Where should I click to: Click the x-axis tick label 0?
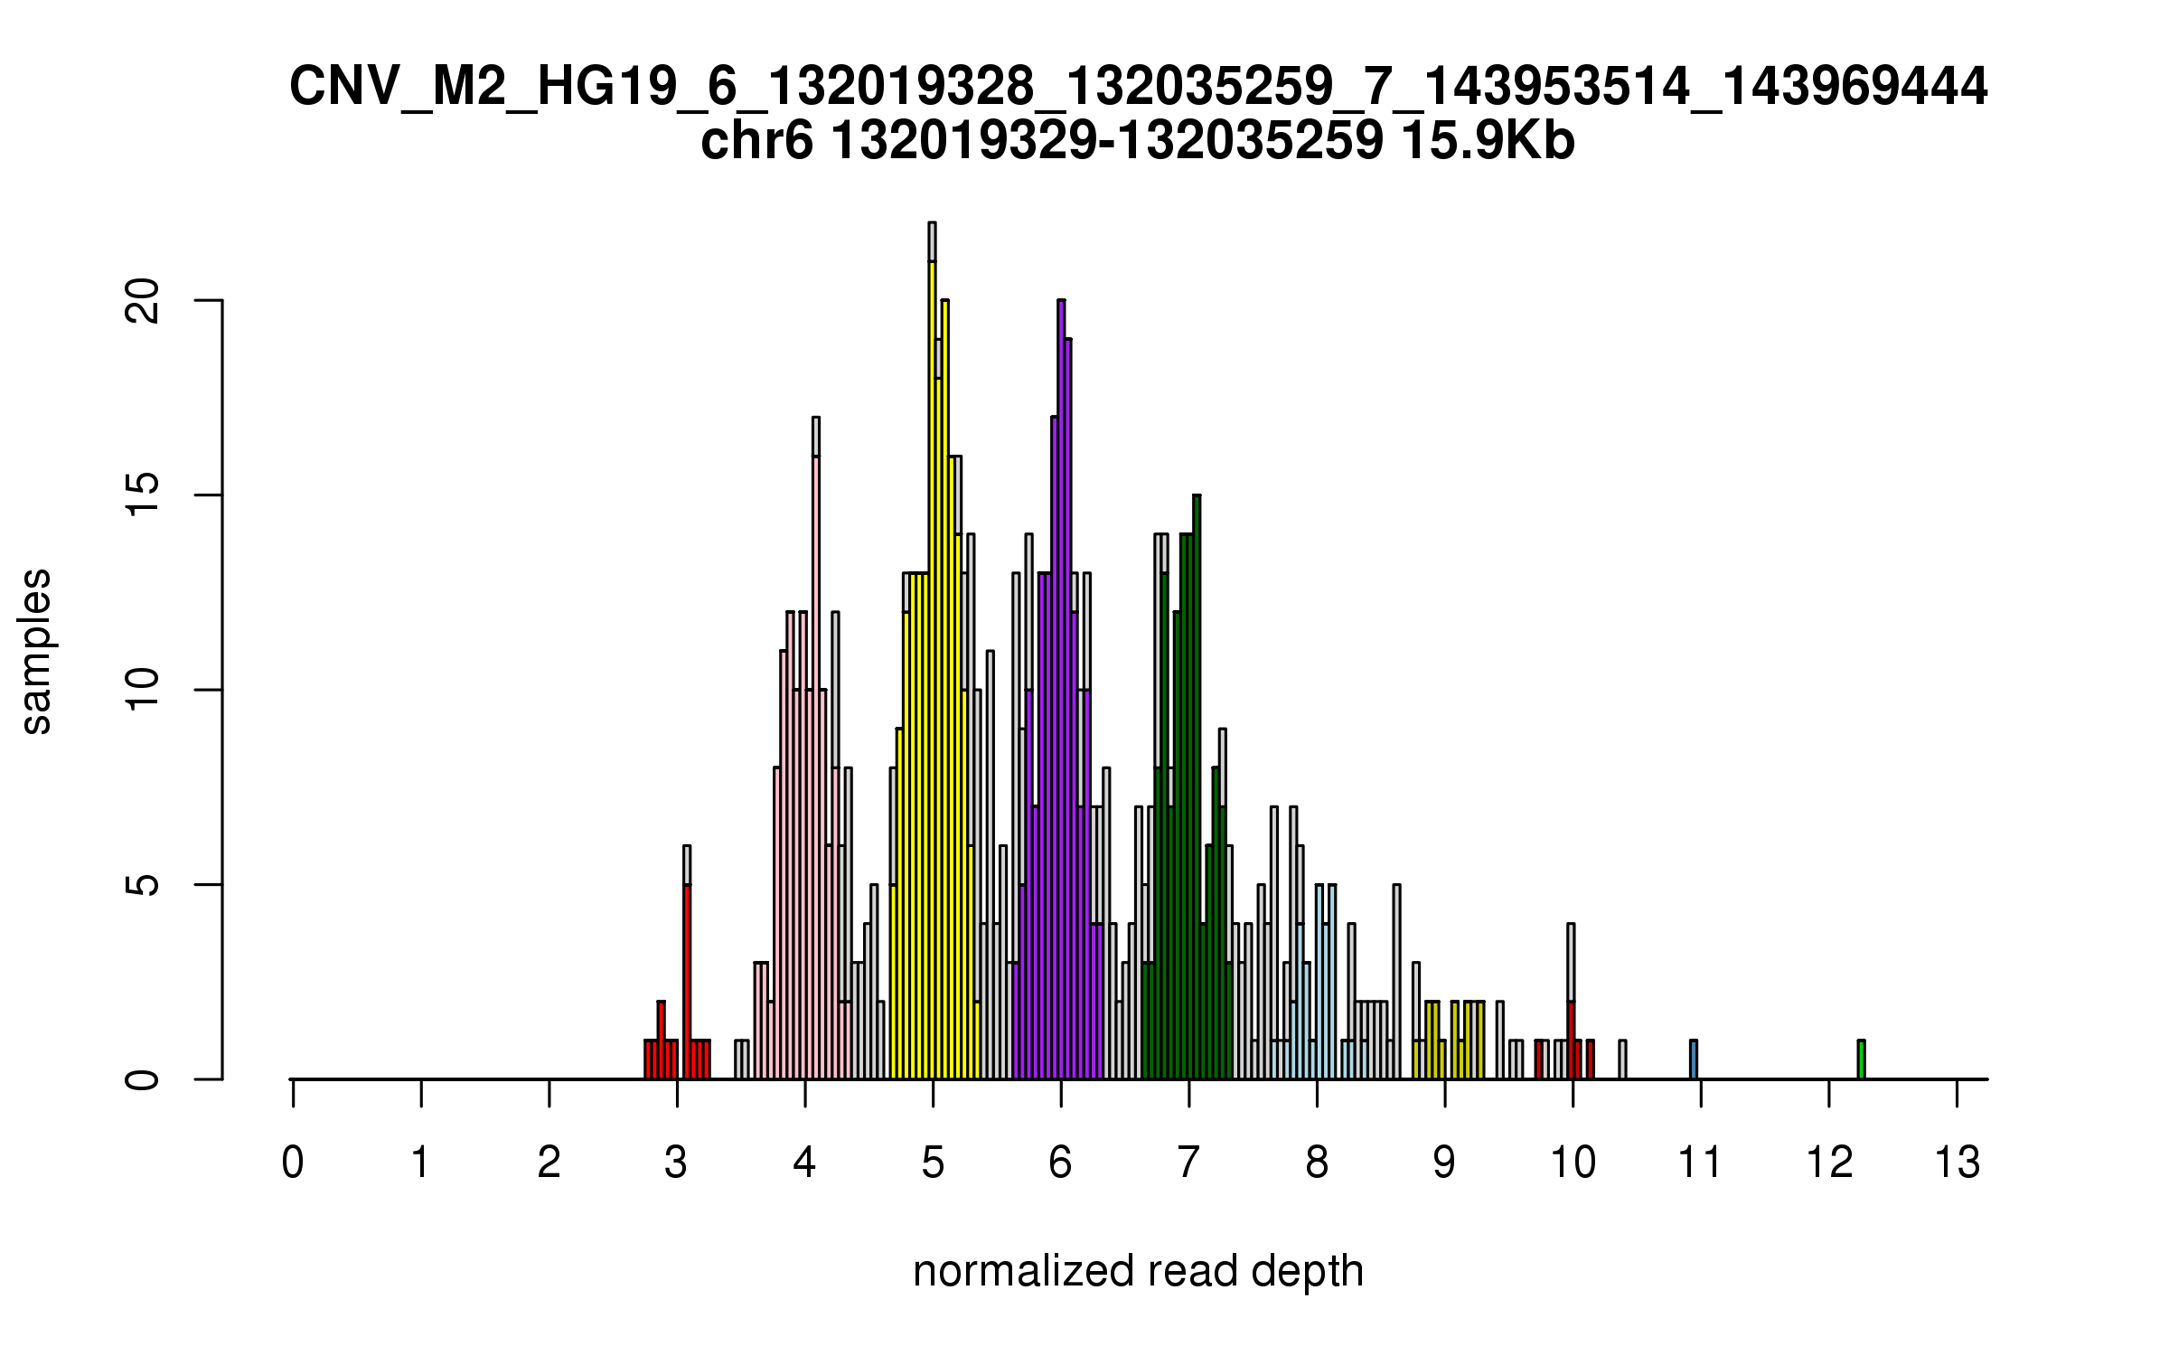pyautogui.click(x=293, y=1163)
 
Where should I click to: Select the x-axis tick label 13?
pyautogui.click(x=1957, y=1163)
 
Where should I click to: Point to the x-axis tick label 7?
pyautogui.click(x=1188, y=1163)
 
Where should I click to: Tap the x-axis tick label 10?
pyautogui.click(x=1573, y=1163)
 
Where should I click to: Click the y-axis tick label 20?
pyautogui.click(x=143, y=300)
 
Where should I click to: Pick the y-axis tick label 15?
pyautogui.click(x=143, y=495)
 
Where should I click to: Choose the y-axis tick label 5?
pyautogui.click(x=143, y=884)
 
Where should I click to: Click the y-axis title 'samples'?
pyautogui.click(x=36, y=651)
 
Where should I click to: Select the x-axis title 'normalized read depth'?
pyautogui.click(x=1138, y=1271)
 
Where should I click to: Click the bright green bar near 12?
pyautogui.click(x=1861, y=1059)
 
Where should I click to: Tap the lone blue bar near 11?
pyautogui.click(x=1694, y=1059)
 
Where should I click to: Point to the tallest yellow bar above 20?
pyautogui.click(x=932, y=669)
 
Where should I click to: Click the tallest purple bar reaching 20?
pyautogui.click(x=1061, y=687)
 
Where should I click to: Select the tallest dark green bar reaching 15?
pyautogui.click(x=1197, y=786)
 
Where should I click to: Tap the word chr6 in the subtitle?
pyautogui.click(x=756, y=141)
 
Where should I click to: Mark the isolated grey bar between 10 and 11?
pyautogui.click(x=1622, y=1059)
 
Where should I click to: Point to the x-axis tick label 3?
pyautogui.click(x=676, y=1163)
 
